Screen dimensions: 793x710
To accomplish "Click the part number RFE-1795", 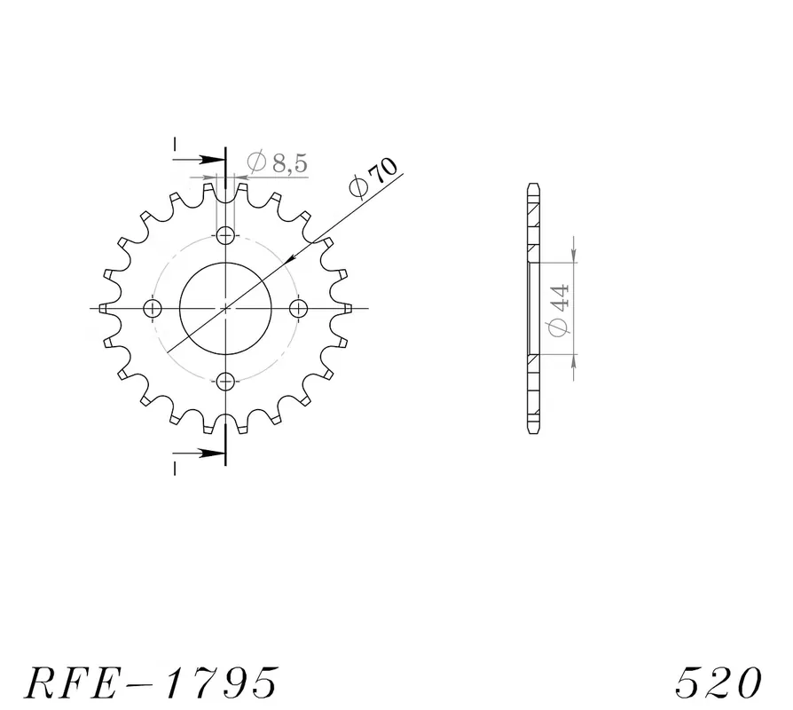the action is tap(151, 682).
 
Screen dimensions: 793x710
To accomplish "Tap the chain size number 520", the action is tap(718, 682).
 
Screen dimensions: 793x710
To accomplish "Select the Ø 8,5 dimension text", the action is tap(277, 162).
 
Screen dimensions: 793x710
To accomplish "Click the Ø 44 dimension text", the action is tap(560, 310).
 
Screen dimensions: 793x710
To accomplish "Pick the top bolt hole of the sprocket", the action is tap(225, 235).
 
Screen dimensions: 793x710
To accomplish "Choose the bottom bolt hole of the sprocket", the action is tap(225, 381).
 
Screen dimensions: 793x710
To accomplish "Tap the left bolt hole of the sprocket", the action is tap(153, 308).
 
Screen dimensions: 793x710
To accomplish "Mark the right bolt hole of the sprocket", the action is tap(298, 308).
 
